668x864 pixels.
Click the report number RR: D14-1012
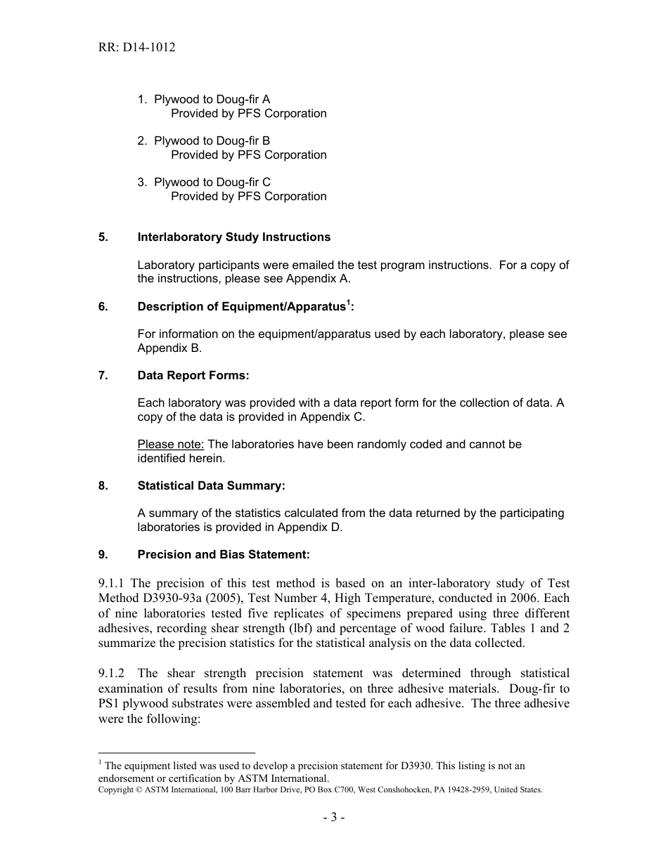(x=137, y=48)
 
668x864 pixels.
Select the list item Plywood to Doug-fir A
(x=212, y=100)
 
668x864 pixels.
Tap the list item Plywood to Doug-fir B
(x=212, y=141)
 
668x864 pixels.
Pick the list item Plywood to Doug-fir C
(x=212, y=183)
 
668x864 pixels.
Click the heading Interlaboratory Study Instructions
(x=233, y=237)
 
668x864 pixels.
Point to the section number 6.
(x=103, y=307)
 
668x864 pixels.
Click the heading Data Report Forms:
(x=193, y=376)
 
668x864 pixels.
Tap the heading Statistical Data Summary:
(x=211, y=486)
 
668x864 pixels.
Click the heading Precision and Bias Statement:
(x=223, y=555)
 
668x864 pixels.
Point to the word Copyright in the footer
(x=120, y=790)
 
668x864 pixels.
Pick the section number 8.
(x=103, y=486)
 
